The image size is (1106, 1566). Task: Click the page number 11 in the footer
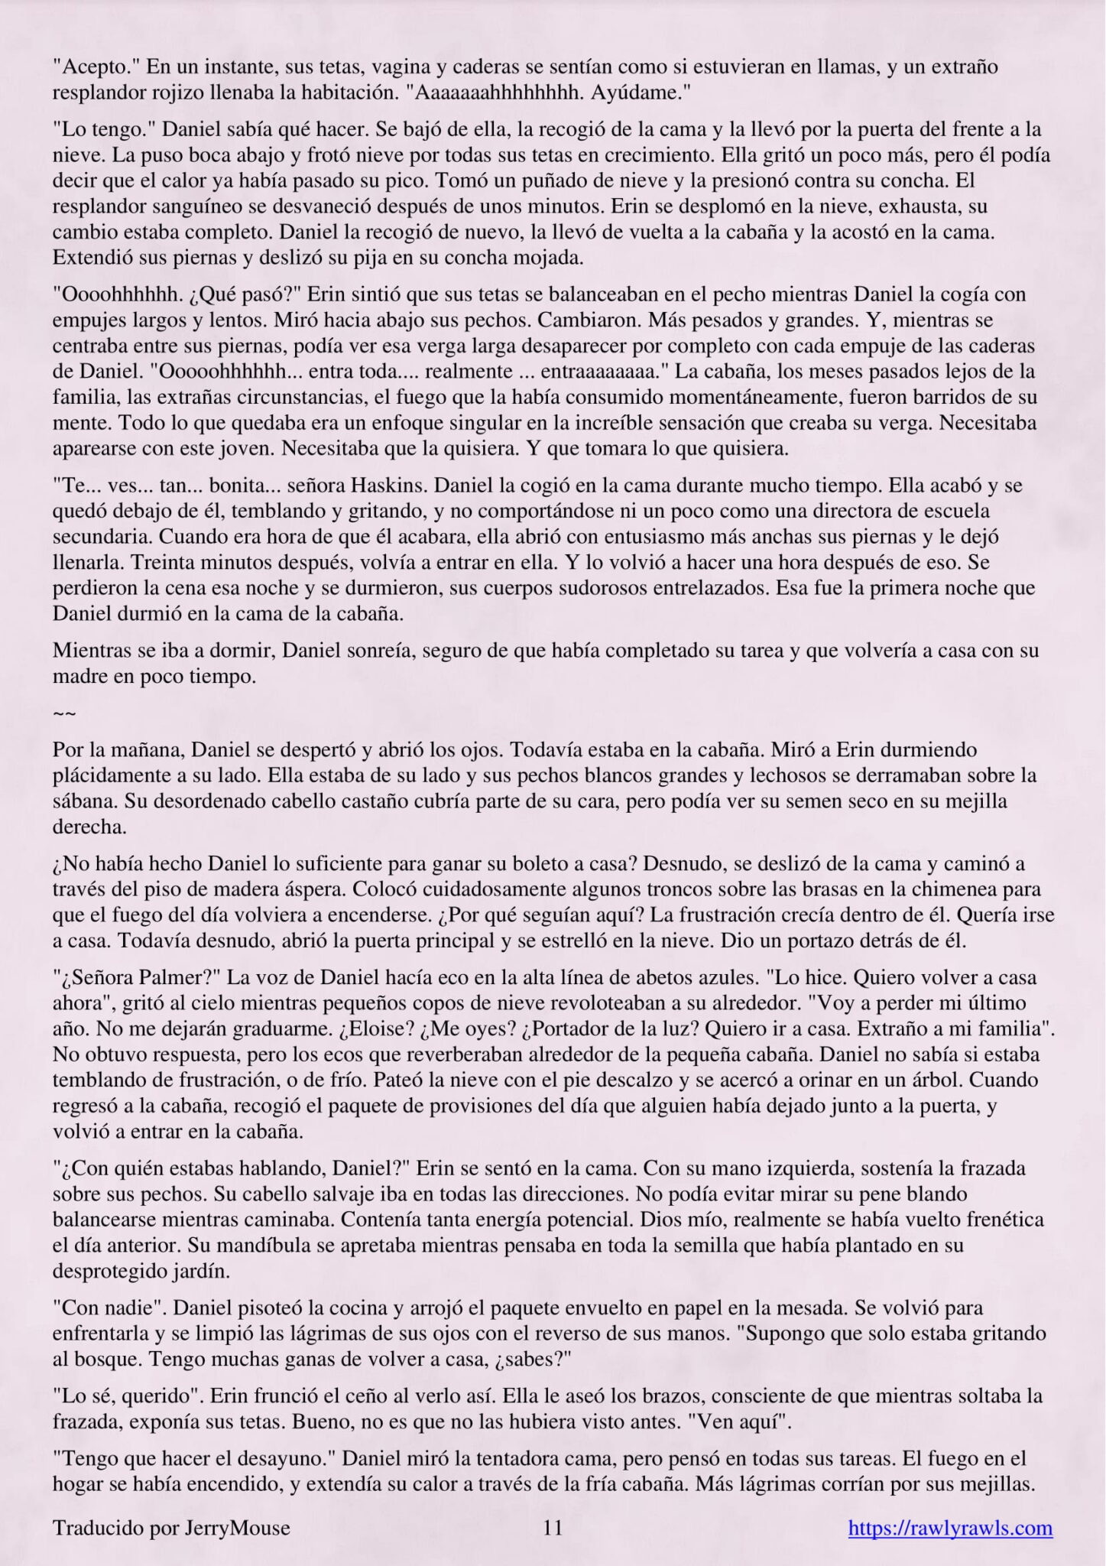[553, 1528]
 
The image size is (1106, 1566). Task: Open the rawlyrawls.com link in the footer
[950, 1528]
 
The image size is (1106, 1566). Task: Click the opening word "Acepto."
[96, 67]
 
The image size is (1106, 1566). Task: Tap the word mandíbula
[122, 1246]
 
